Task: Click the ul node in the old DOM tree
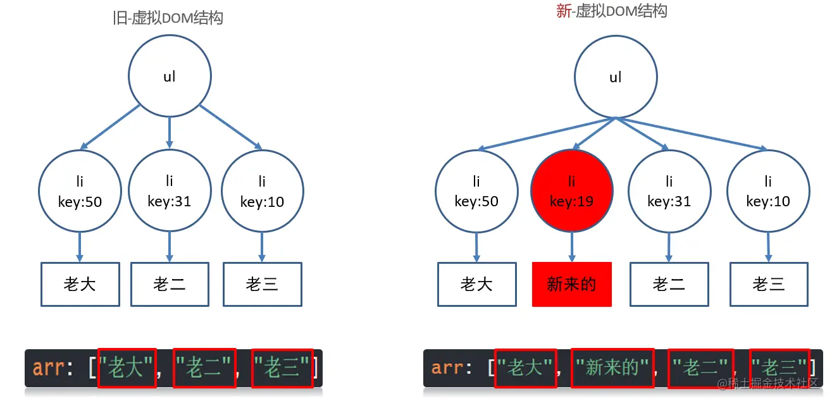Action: tap(170, 77)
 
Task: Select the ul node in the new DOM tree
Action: tap(615, 77)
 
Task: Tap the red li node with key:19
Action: tap(572, 191)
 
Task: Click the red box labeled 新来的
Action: tap(572, 284)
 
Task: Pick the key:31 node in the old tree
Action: tap(170, 191)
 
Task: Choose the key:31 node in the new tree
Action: tap(669, 191)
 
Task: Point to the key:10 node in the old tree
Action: tap(262, 191)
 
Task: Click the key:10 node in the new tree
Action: tap(768, 191)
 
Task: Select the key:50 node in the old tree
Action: tap(80, 191)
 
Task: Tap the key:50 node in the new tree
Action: tap(476, 191)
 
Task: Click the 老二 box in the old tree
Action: tap(170, 284)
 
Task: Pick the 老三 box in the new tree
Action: tap(769, 284)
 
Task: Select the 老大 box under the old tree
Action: tap(80, 284)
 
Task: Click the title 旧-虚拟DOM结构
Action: tap(168, 18)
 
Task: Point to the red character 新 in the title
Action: tap(563, 11)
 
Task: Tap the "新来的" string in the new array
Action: tap(612, 368)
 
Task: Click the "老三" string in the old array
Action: tap(282, 368)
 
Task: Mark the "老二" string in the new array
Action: tap(700, 368)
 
